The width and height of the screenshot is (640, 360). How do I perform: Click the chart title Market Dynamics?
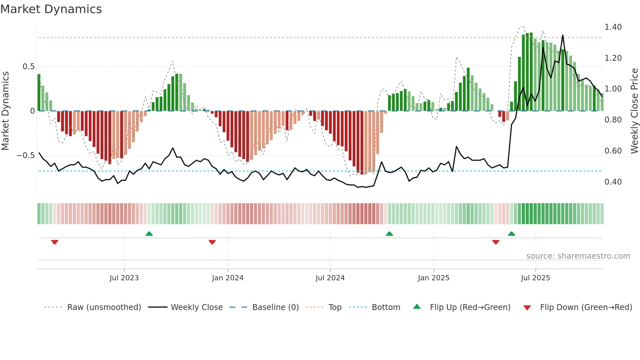[51, 9]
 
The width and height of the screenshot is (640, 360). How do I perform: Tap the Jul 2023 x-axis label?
[124, 278]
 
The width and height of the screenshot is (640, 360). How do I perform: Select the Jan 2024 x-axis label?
[228, 278]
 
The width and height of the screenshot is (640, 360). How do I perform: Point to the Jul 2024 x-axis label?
[330, 278]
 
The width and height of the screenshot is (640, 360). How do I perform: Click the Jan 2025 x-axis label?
[433, 278]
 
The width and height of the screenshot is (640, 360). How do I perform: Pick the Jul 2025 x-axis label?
[535, 278]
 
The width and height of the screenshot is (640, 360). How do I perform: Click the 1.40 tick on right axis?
[613, 27]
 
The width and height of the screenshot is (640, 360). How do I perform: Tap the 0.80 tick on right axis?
[613, 120]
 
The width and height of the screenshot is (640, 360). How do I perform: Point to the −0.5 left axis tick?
[25, 155]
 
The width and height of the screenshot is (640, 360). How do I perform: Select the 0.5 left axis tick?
[28, 67]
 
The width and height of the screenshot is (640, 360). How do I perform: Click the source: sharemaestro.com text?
[578, 256]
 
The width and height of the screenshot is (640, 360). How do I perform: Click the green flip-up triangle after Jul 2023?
[149, 234]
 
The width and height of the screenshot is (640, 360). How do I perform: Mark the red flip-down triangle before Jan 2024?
[212, 242]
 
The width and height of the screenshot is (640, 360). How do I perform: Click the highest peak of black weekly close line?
[563, 35]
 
